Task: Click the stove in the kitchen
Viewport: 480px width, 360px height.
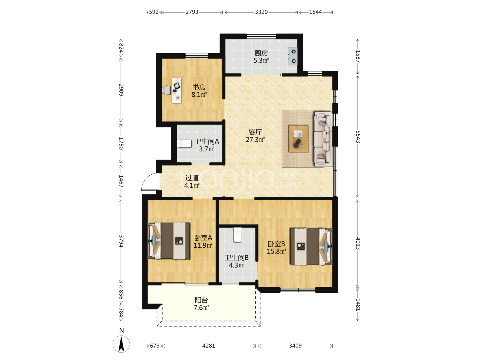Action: coord(292,56)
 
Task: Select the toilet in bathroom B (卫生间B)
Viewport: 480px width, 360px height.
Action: coord(237,235)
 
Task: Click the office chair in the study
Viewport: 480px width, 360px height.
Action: coord(167,90)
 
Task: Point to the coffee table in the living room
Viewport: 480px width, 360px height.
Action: coord(298,139)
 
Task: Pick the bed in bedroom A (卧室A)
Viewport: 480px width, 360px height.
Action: coord(169,241)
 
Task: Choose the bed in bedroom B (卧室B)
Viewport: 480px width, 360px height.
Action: coord(311,247)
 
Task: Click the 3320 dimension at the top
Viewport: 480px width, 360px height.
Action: coord(261,12)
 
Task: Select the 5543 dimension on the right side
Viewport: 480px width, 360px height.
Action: coord(358,137)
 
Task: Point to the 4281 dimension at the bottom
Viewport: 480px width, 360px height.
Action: coord(209,346)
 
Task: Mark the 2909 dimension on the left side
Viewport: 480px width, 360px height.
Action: coord(121,90)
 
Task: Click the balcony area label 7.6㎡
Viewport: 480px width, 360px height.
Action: coord(201,308)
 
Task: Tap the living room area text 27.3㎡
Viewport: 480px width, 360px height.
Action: coord(255,139)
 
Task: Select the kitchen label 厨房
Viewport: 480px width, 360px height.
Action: coord(261,53)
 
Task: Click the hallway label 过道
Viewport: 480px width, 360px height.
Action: coord(192,178)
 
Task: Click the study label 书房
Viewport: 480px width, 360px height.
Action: coord(199,87)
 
